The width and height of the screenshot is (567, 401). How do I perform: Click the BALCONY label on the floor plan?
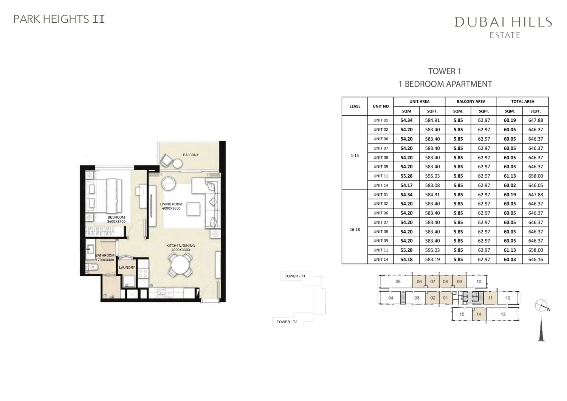pyautogui.click(x=191, y=155)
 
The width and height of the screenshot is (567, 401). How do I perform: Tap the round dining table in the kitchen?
pyautogui.click(x=180, y=265)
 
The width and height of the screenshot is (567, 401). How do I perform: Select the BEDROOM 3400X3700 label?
pyautogui.click(x=116, y=219)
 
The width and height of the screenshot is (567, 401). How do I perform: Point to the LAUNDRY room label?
pyautogui.click(x=127, y=267)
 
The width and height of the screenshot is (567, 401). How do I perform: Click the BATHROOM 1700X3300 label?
pyautogui.click(x=105, y=258)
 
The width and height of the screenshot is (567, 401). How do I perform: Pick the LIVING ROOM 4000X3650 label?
pyautogui.click(x=171, y=206)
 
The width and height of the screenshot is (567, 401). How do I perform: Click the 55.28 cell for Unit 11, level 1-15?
pyautogui.click(x=406, y=176)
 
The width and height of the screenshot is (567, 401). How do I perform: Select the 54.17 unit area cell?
pyautogui.click(x=406, y=185)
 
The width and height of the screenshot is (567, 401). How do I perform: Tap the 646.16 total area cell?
pyautogui.click(x=536, y=260)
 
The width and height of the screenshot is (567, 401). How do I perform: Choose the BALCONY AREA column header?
pyautogui.click(x=471, y=102)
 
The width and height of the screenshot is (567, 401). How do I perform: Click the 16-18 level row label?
pyautogui.click(x=355, y=230)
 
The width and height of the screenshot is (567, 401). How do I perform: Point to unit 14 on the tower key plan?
pyautogui.click(x=479, y=314)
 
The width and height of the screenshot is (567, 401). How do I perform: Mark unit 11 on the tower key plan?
pyautogui.click(x=490, y=298)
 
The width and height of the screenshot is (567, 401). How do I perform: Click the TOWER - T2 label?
pyautogui.click(x=287, y=322)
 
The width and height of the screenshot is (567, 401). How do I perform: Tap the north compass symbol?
pyautogui.click(x=541, y=306)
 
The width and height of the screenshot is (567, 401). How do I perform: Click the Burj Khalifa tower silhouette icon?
pyautogui.click(x=541, y=329)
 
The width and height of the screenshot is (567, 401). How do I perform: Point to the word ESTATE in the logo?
pyautogui.click(x=505, y=35)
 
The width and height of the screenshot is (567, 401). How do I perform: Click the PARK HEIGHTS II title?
pyautogui.click(x=59, y=19)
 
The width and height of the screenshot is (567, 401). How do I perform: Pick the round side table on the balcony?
pyautogui.click(x=177, y=164)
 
